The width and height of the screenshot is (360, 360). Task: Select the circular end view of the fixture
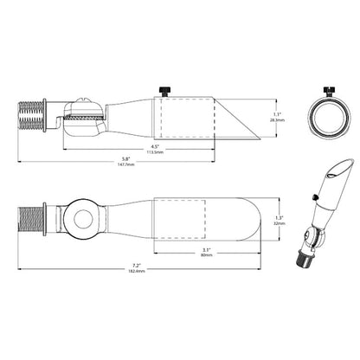pos(328,117)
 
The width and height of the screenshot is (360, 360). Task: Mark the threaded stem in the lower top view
pos(33,221)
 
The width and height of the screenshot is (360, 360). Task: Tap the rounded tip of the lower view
pos(247,221)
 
